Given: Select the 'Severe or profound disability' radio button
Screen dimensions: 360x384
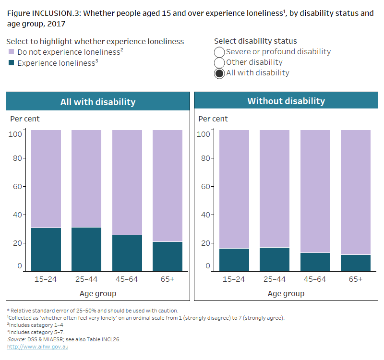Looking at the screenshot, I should (219, 52).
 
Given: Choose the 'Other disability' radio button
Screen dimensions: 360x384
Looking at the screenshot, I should (219, 62).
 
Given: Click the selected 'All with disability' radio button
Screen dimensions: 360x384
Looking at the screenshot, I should (219, 73).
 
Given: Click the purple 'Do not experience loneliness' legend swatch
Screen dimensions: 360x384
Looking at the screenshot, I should (12, 52).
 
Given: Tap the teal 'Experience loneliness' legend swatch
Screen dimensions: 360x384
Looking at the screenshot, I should (12, 63).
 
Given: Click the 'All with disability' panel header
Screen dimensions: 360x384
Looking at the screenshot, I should (98, 102).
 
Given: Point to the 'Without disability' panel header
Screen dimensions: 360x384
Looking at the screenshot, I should (286, 101).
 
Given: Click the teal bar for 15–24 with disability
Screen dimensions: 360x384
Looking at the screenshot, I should (46, 249).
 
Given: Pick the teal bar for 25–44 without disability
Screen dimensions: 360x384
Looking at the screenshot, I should (275, 259).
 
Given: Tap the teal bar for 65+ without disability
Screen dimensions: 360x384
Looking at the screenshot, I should (356, 263).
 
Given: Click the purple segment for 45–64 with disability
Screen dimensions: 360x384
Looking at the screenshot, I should (127, 182).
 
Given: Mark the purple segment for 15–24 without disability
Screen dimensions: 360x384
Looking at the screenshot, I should (234, 189).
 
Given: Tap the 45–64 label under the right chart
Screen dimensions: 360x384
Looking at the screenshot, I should (315, 279).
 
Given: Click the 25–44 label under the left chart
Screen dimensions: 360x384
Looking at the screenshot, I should (86, 279).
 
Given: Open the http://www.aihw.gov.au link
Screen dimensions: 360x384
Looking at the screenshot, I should (37, 347).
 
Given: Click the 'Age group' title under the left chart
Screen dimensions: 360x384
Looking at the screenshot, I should (98, 293).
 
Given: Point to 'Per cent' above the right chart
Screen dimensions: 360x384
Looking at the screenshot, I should (213, 119).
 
